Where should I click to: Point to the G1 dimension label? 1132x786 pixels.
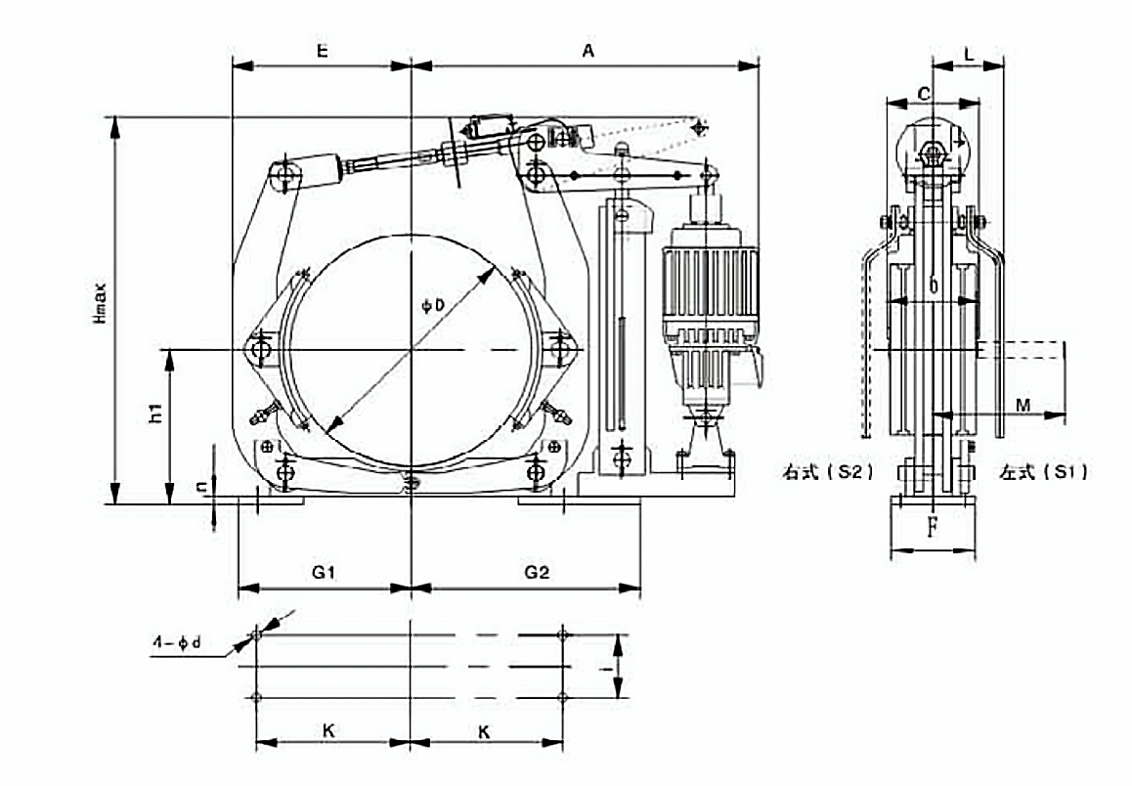pos(324,573)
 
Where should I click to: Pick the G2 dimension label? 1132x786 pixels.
pos(537,573)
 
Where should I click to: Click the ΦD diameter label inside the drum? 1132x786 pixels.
pos(433,306)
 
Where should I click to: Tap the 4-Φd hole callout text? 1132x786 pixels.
pos(178,643)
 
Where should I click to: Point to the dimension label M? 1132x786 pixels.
pos(1022,403)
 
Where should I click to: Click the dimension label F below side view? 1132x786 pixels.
pos(933,529)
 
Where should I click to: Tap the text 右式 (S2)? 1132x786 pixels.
pos(826,471)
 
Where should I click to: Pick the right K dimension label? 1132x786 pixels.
pos(485,730)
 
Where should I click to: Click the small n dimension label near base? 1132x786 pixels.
pos(200,486)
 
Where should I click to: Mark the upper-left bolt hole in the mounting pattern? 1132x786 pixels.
pos(256,635)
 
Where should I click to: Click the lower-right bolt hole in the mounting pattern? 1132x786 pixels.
pos(561,697)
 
